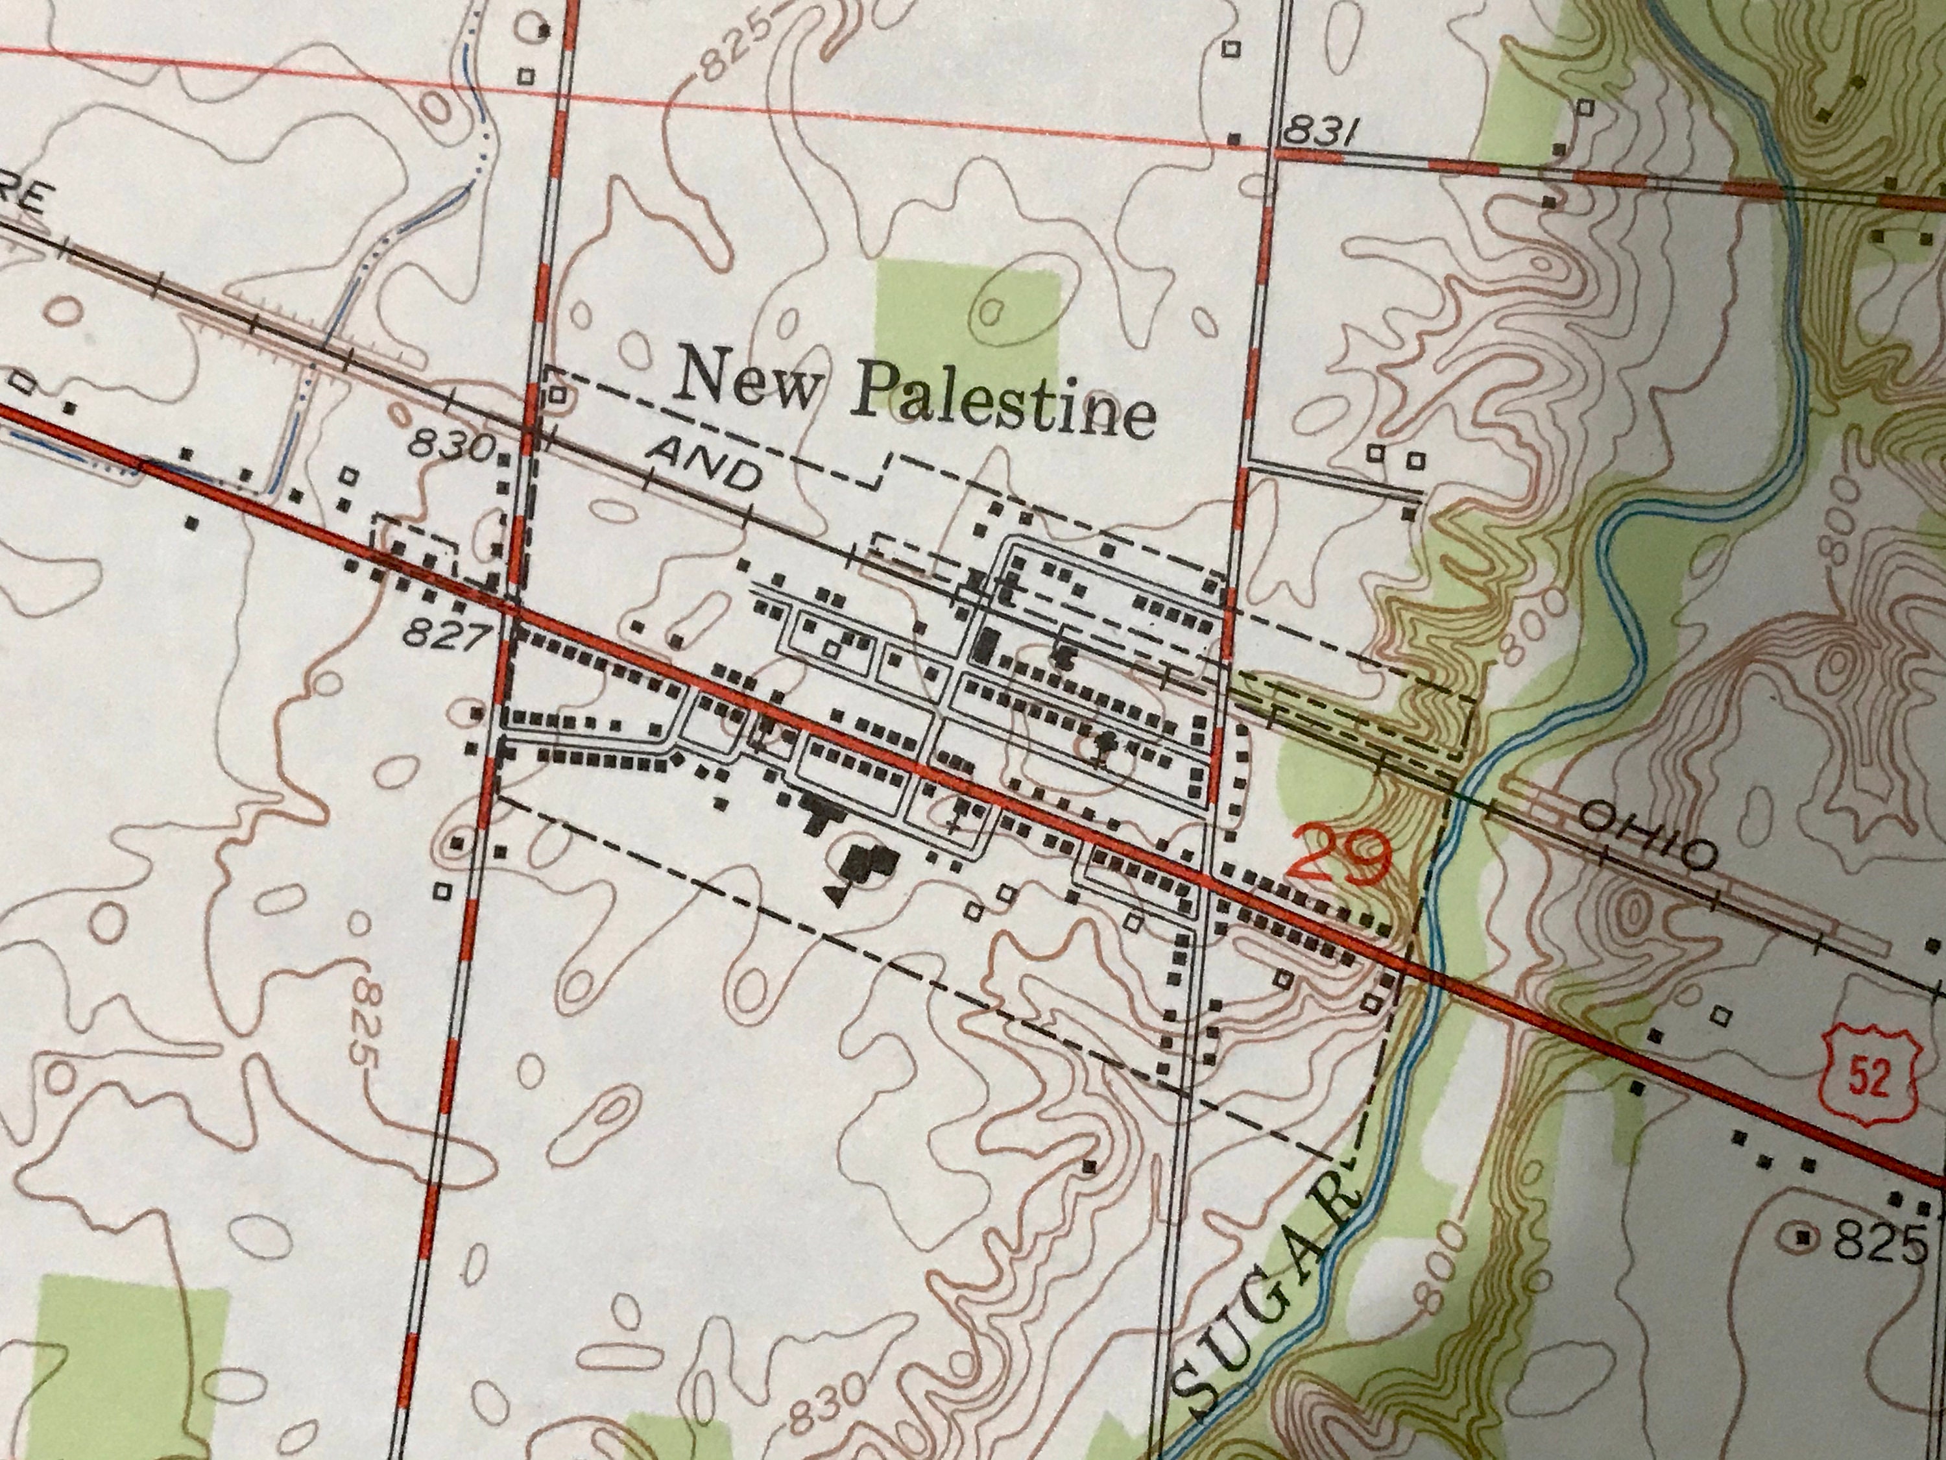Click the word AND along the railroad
[x=704, y=465]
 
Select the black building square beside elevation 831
[x=1234, y=139]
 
